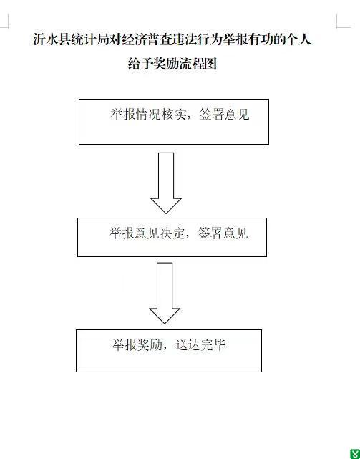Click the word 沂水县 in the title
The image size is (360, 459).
pos(52,39)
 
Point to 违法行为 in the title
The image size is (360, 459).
pos(197,39)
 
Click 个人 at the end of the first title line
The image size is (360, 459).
pos(298,39)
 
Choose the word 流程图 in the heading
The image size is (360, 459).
pos(198,64)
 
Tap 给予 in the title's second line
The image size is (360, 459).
pos(140,64)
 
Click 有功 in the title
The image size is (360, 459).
pos(261,39)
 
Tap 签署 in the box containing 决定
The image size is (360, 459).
pos(210,233)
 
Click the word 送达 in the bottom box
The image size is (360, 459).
pos(188,345)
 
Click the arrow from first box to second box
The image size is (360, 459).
pos(166,183)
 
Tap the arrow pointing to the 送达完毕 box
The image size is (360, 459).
pos(165,293)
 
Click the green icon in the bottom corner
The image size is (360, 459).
pos(355,453)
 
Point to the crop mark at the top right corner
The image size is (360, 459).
pos(337,27)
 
